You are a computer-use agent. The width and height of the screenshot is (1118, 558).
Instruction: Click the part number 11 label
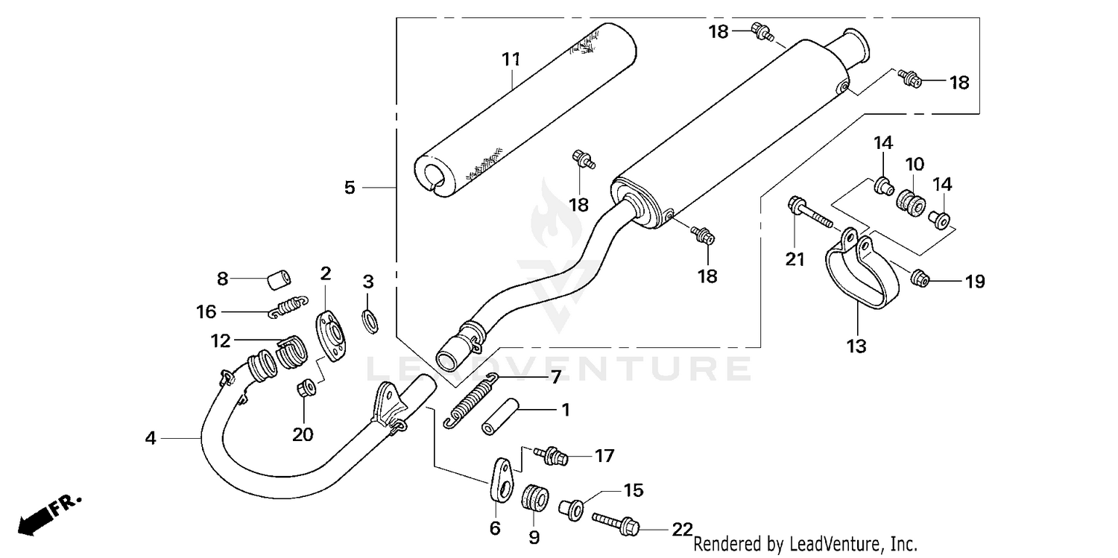tap(510, 60)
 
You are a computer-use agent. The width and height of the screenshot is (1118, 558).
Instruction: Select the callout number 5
tap(350, 188)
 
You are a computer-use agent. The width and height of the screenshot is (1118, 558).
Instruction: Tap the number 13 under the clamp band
tap(856, 346)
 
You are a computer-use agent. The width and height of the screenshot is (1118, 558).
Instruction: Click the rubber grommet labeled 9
tap(534, 498)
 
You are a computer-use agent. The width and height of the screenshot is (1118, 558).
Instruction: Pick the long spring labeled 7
tap(470, 401)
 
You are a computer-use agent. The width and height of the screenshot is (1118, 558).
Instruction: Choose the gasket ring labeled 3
tap(369, 320)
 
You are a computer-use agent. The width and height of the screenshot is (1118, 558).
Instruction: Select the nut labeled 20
tap(304, 388)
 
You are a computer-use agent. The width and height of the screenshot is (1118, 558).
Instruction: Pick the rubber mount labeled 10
tap(910, 202)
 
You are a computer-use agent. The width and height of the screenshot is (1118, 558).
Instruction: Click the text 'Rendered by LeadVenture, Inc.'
tap(805, 544)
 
